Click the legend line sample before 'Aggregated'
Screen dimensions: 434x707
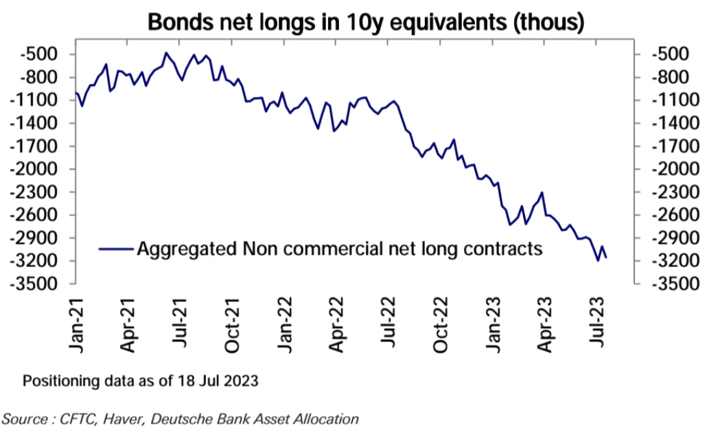click(x=116, y=249)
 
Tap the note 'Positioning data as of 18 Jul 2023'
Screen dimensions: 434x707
click(x=140, y=380)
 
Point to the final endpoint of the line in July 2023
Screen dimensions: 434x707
click(x=607, y=258)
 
